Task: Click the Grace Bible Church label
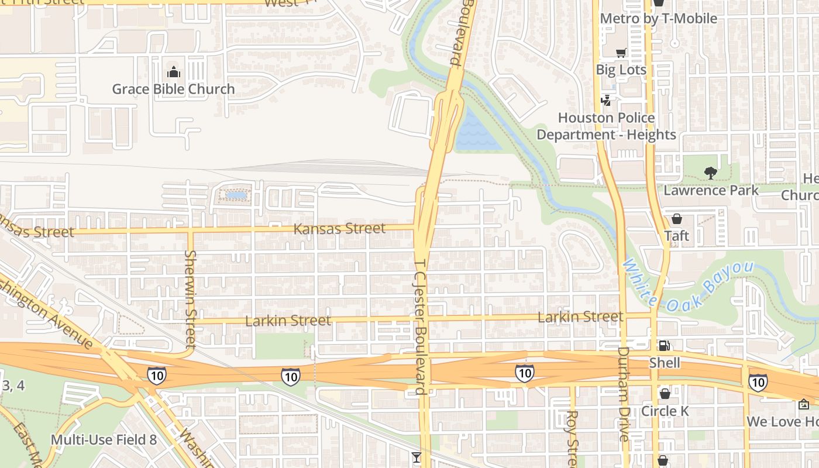[x=173, y=90]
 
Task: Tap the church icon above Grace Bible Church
[x=173, y=73]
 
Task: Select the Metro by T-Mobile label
[x=658, y=19]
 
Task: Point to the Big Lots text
[x=621, y=70]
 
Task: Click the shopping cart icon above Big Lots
[x=621, y=53]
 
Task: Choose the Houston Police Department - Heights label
[x=606, y=126]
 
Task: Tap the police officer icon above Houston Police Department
[x=606, y=101]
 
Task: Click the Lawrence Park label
[x=711, y=190]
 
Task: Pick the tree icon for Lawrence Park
[x=711, y=173]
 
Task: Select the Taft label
[x=676, y=236]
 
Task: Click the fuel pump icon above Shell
[x=665, y=346]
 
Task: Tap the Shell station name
[x=665, y=363]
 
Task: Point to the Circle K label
[x=665, y=411]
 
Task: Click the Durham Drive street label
[x=624, y=394]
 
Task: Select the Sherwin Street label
[x=191, y=298]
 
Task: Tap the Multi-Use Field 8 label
[x=104, y=439]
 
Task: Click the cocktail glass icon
[x=417, y=457]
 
